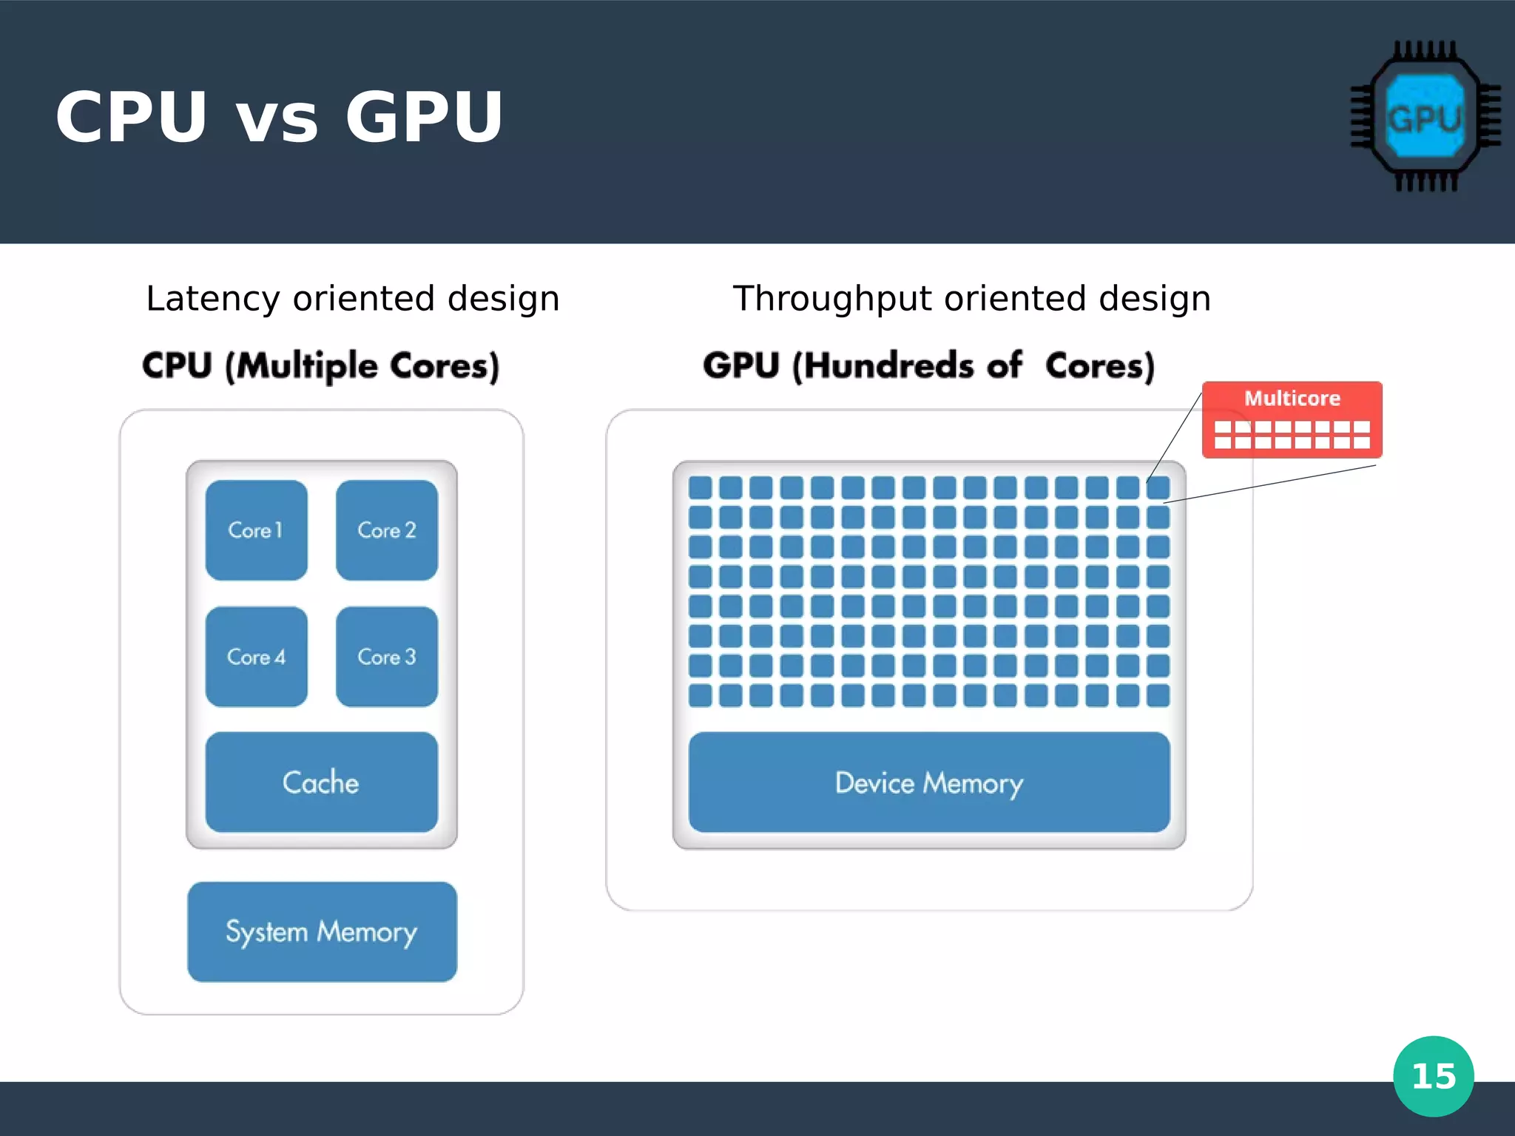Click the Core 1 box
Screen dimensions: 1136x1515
[x=256, y=530]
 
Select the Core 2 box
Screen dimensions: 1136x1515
[x=386, y=530]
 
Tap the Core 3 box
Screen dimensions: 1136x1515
[x=386, y=657]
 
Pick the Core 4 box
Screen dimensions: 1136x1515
[x=256, y=657]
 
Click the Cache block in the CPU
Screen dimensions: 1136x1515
[x=321, y=782]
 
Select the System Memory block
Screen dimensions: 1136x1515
[x=322, y=932]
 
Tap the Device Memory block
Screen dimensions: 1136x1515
[x=929, y=782]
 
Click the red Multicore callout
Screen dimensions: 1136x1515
[x=1292, y=420]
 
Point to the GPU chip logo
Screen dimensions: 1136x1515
[x=1425, y=117]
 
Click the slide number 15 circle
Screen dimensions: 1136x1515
[x=1433, y=1076]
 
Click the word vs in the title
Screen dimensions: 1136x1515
[x=276, y=118]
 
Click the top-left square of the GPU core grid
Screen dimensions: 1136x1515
[x=700, y=487]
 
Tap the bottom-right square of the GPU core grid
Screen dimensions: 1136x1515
[x=1158, y=695]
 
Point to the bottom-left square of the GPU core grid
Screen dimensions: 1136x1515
[x=700, y=695]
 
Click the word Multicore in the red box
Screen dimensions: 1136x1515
[x=1292, y=399]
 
